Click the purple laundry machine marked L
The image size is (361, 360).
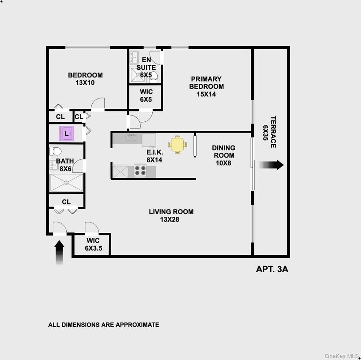66,133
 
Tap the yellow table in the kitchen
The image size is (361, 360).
177,145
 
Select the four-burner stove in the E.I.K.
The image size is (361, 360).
140,171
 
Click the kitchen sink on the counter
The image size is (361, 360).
131,138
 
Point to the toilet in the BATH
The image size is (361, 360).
56,151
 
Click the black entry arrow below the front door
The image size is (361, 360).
59,253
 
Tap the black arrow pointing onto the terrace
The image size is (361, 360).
271,165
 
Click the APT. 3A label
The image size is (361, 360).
272,269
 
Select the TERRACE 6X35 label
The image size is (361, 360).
269,132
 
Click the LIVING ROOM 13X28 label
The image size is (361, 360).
171,215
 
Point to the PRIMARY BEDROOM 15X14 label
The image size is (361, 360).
206,86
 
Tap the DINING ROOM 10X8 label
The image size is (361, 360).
223,155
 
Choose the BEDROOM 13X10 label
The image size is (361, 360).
85,79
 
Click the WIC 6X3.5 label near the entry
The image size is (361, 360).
93,244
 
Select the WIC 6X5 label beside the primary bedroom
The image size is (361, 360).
146,95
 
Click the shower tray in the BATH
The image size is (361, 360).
66,183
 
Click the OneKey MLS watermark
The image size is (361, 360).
342,356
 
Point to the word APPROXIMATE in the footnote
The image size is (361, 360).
137,325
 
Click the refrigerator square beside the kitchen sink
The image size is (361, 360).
149,141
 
